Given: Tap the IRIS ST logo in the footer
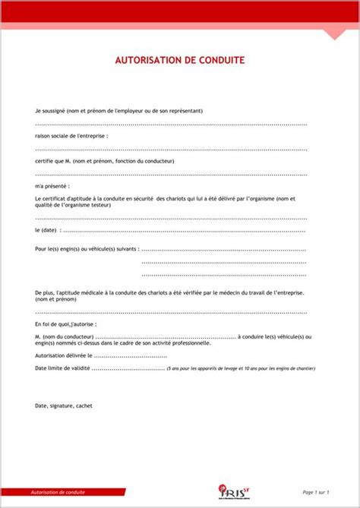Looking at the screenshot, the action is click(229, 492).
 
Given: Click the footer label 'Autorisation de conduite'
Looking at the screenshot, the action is click(58, 493).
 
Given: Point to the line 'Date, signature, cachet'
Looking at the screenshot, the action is click(63, 405).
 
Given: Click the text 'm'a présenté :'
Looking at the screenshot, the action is click(52, 185).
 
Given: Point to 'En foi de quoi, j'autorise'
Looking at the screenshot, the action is click(65, 323).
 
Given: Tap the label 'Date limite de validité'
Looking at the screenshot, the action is click(62, 368).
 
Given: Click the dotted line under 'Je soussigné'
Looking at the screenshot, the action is click(171, 124).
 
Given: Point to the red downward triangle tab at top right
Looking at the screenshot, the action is click(335, 33).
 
